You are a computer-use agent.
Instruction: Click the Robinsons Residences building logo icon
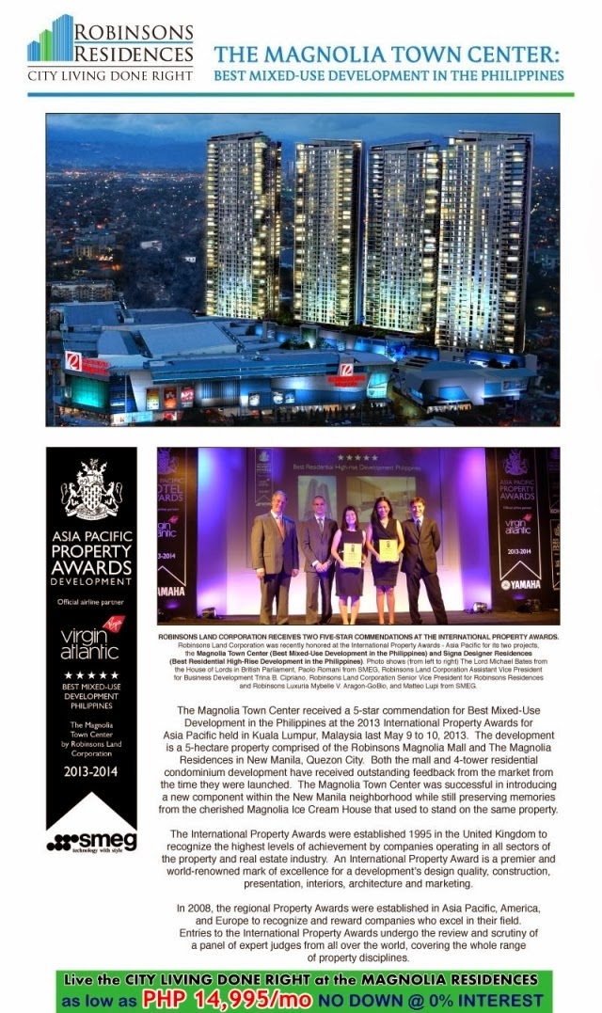51,39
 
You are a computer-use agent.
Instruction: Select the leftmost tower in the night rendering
242,226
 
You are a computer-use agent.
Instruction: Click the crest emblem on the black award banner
91,489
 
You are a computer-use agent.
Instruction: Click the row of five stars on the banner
91,676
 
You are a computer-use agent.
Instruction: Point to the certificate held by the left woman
352,554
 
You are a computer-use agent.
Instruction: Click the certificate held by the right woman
388,550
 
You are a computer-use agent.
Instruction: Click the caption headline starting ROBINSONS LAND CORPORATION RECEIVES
358,638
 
